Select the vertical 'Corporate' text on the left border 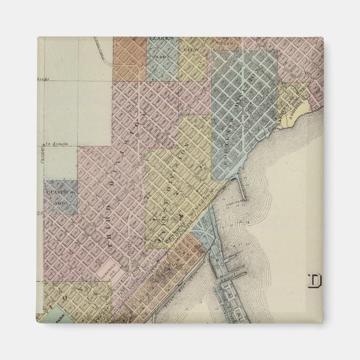click(41, 154)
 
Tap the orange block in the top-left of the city click(130, 59)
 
